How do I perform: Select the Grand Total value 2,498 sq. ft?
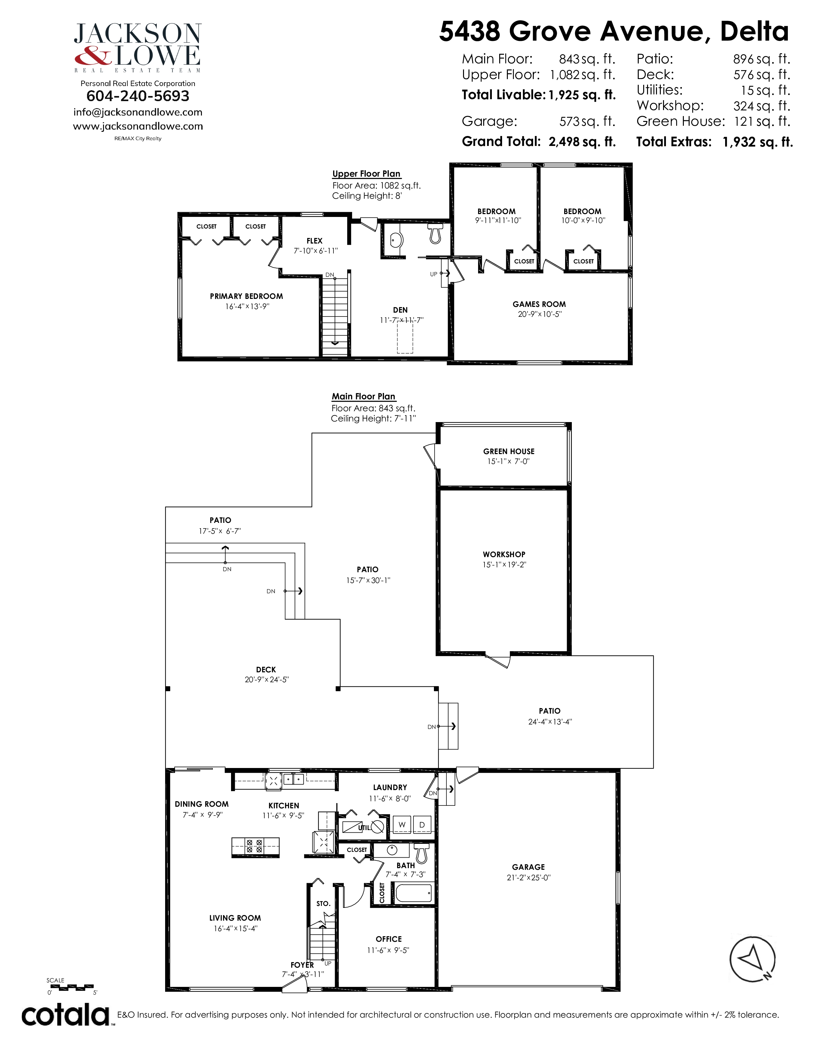click(x=582, y=142)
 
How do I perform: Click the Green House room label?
click(x=508, y=451)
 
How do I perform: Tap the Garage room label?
click(x=528, y=867)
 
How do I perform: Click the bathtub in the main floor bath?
click(x=413, y=892)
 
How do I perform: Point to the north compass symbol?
click(x=752, y=959)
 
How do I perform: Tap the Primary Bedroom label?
click(x=246, y=296)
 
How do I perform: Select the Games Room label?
click(x=539, y=304)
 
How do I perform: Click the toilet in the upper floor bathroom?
click(x=436, y=233)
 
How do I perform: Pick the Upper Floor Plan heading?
click(x=366, y=173)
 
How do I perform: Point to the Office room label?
click(x=389, y=939)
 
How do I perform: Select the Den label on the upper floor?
click(x=400, y=310)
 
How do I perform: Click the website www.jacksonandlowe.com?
click(x=138, y=126)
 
